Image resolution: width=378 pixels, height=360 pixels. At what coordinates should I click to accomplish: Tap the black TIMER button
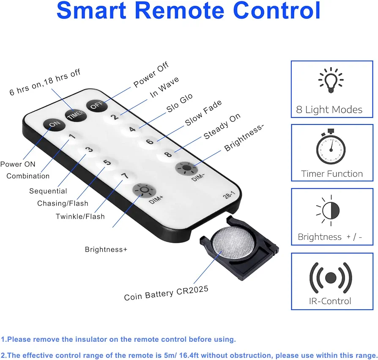tap(76, 115)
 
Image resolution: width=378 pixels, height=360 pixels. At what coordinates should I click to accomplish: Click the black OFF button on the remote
tap(97, 105)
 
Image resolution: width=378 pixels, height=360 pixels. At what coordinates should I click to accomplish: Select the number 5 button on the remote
tap(107, 162)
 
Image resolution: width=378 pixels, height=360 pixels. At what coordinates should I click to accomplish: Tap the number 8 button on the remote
tap(168, 154)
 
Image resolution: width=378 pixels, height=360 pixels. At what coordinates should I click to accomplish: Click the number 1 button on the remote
tap(72, 137)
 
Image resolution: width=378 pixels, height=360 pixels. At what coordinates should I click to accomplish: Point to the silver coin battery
tap(233, 242)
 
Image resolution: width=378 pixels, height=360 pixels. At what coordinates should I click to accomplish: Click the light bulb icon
tap(331, 80)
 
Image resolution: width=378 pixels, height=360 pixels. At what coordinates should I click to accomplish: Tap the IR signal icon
tap(331, 278)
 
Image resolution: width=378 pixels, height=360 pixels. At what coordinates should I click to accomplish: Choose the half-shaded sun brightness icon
tap(329, 210)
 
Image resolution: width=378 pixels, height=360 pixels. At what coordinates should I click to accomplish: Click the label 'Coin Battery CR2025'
tap(166, 293)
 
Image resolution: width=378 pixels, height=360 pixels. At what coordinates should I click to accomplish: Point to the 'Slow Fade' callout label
tap(203, 113)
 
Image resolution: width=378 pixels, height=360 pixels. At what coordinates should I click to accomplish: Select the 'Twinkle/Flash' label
tap(80, 216)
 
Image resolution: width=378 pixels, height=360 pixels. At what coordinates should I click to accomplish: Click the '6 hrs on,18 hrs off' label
tap(45, 82)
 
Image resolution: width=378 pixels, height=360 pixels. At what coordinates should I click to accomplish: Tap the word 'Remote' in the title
tap(179, 11)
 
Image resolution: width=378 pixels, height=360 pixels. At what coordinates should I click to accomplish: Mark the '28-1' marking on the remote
tap(229, 195)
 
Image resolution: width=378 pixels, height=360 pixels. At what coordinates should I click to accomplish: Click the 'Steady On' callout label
tap(222, 126)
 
